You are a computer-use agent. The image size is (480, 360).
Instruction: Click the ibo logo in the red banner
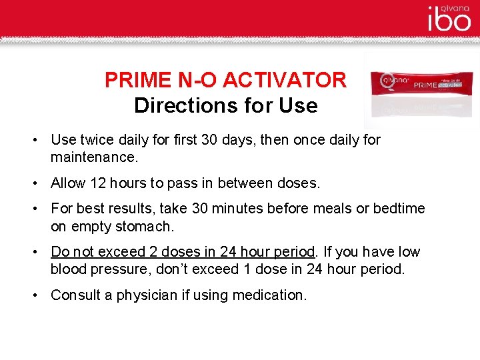[x=449, y=21]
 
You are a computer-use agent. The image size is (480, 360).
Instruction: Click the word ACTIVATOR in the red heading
[x=285, y=81]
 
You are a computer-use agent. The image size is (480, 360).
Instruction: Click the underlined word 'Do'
[x=60, y=252]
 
